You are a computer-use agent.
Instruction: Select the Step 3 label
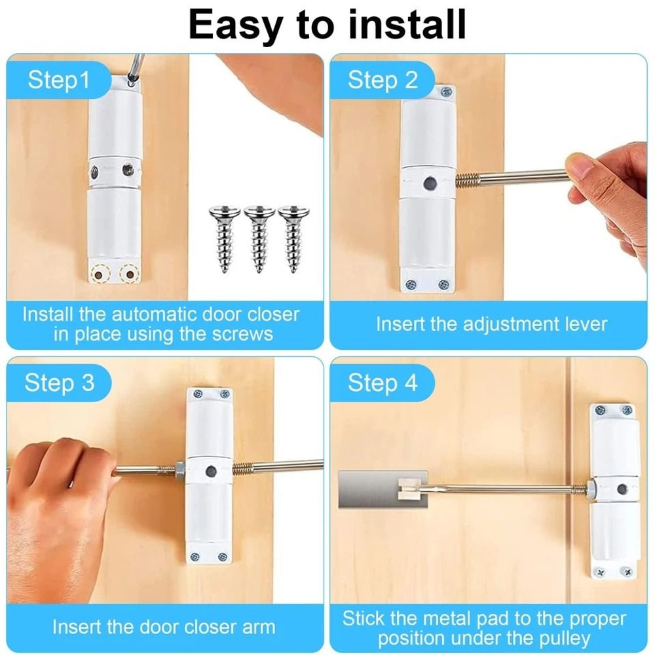click(60, 383)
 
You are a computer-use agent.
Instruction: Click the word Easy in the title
click(233, 25)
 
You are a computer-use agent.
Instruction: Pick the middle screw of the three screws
click(259, 238)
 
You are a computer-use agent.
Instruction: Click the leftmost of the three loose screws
click(224, 238)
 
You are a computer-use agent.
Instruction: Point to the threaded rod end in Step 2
click(468, 179)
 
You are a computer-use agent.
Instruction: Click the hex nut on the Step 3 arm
click(178, 469)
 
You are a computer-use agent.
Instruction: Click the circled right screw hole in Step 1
click(129, 273)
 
